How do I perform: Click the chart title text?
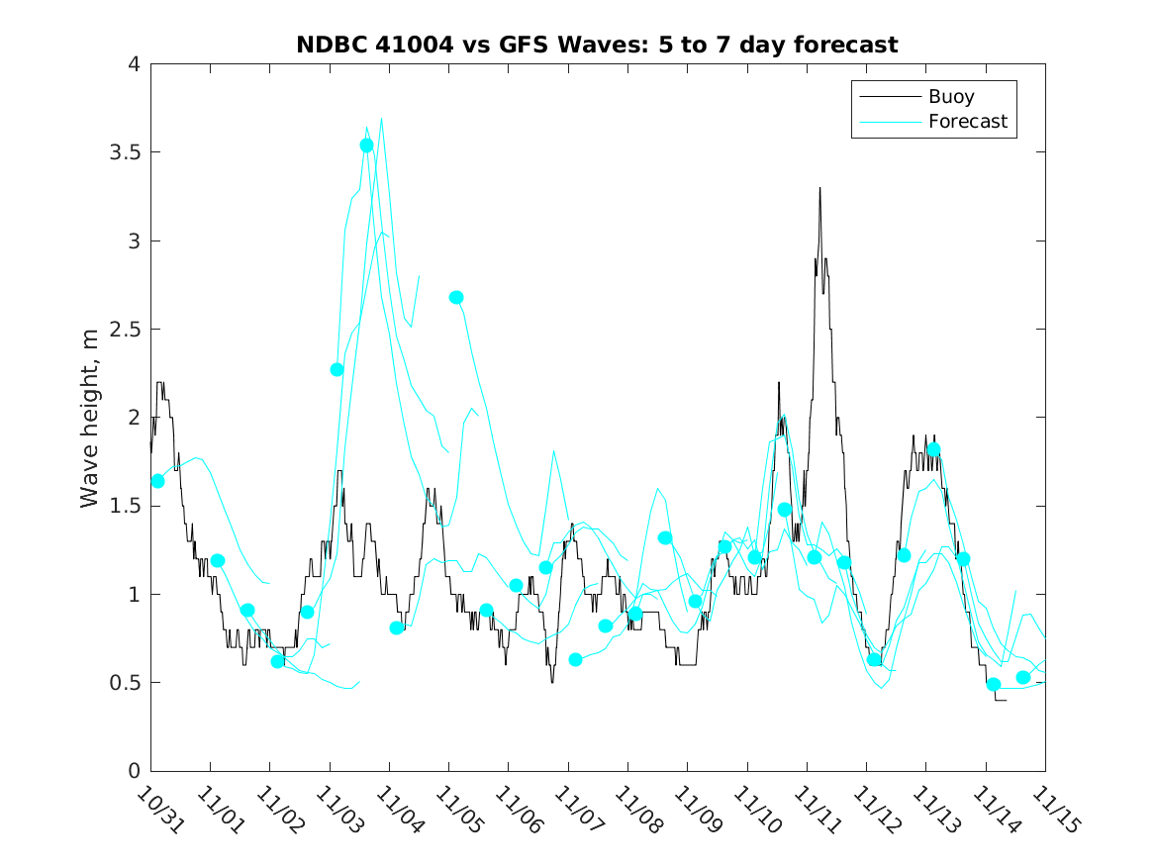[x=597, y=45]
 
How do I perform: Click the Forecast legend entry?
[x=967, y=122]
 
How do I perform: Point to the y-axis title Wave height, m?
[x=90, y=418]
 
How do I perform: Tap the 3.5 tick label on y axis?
[x=125, y=153]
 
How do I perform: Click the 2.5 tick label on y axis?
[x=125, y=330]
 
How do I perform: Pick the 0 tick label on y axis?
[x=134, y=771]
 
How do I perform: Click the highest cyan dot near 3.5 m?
[x=367, y=145]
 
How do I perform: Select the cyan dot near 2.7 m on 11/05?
[x=456, y=297]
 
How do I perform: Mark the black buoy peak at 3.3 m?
[x=819, y=188]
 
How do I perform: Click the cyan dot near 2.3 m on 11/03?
[x=337, y=369]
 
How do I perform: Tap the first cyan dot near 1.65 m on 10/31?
[x=157, y=481]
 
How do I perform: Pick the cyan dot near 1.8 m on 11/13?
[x=933, y=449]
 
